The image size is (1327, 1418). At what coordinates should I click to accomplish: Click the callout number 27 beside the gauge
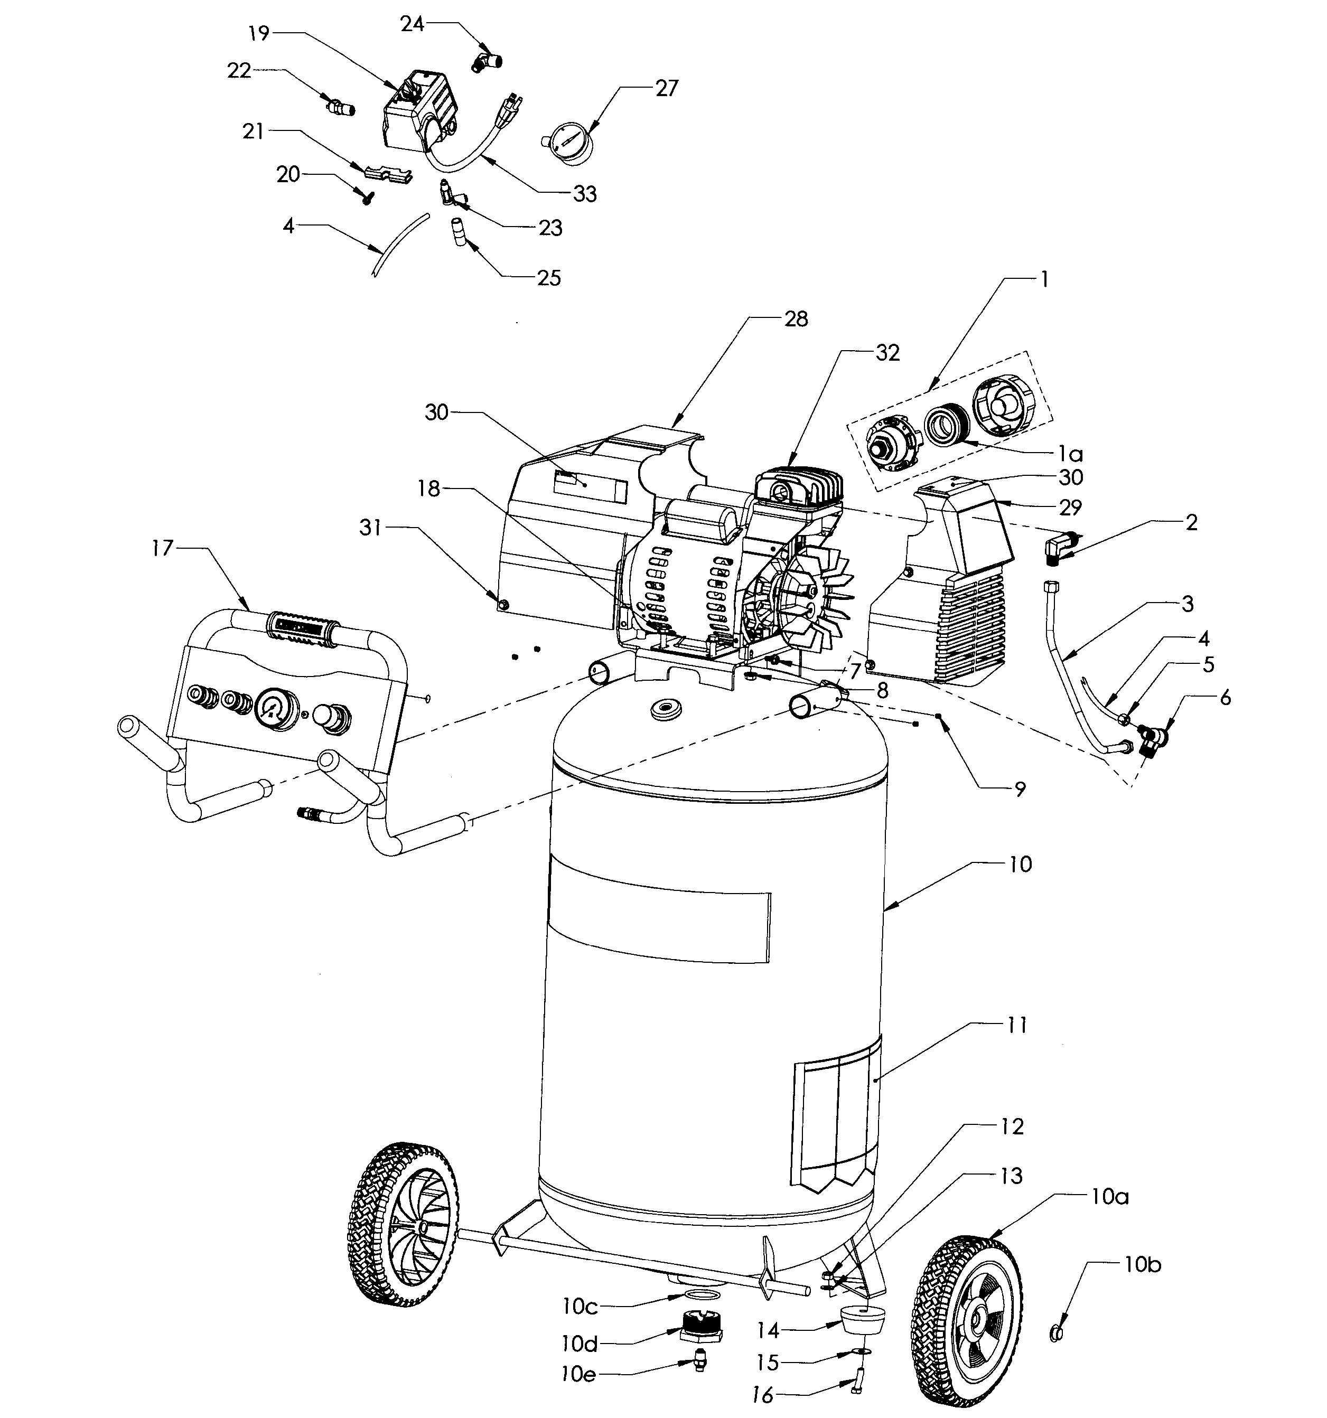click(666, 88)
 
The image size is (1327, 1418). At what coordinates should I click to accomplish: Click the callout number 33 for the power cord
click(584, 193)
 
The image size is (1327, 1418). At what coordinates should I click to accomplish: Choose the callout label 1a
click(1070, 453)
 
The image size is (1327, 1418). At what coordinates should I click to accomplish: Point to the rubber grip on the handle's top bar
click(303, 631)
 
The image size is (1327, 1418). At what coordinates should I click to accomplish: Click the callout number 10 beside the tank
click(1020, 865)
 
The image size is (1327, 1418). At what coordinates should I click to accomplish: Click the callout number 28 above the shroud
click(796, 319)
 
